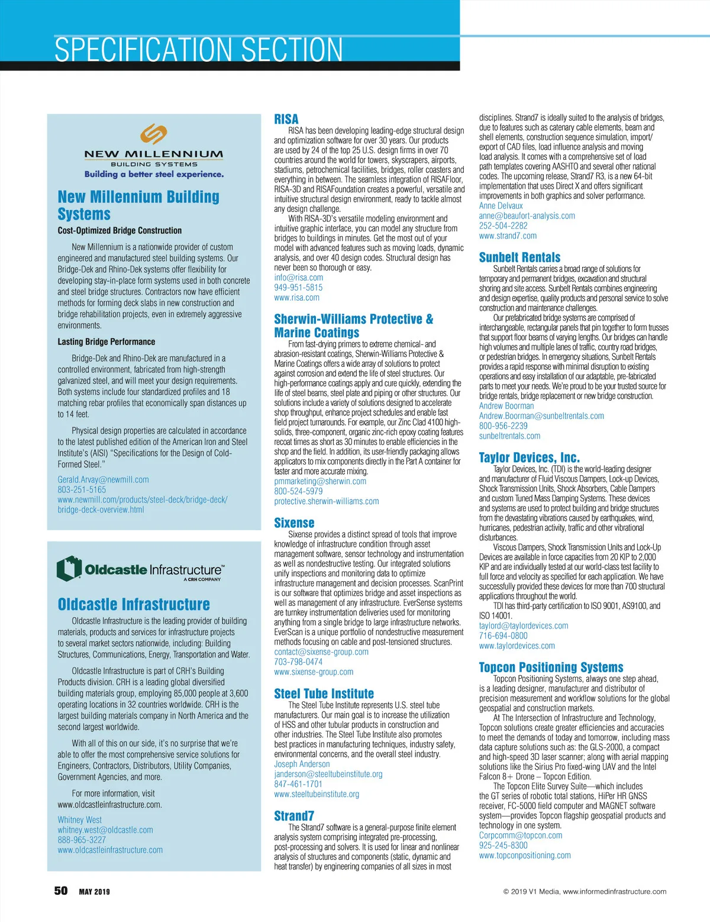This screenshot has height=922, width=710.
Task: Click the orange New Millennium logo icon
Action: (154, 134)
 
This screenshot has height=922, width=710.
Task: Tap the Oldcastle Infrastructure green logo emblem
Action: (69, 569)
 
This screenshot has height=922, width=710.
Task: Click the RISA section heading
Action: (286, 119)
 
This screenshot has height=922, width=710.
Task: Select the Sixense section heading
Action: (294, 523)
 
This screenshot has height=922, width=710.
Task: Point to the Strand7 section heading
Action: (294, 816)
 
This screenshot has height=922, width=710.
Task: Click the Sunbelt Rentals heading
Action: (519, 257)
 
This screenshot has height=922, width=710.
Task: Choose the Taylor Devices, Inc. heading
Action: (529, 457)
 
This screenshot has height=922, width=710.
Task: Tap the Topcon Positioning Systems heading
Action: (551, 668)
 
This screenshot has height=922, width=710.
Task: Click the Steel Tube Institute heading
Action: (324, 694)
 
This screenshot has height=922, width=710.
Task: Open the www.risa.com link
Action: (296, 298)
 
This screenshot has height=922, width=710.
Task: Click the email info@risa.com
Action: (298, 278)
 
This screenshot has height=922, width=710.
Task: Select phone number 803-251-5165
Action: (82, 490)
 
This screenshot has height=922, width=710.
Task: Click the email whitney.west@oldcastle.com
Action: (105, 830)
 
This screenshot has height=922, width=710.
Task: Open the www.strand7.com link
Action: (508, 236)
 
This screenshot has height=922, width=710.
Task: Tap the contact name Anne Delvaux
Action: (501, 206)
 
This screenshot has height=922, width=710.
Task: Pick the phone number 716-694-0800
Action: (503, 636)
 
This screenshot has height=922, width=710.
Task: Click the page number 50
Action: (61, 891)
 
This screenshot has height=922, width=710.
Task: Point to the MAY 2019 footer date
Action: (94, 892)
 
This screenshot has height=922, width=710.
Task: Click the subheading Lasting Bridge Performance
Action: (106, 342)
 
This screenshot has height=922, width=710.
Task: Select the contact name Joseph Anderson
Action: (302, 765)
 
